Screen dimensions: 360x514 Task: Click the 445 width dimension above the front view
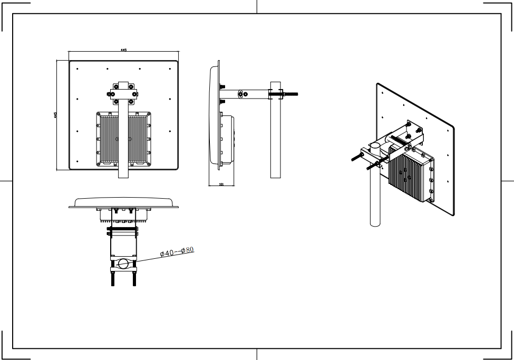click(123, 50)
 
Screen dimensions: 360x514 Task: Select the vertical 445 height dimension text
click(55, 114)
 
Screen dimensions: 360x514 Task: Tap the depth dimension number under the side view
click(221, 184)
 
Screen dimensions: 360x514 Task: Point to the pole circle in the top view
click(123, 264)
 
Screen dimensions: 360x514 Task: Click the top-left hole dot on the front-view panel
click(77, 69)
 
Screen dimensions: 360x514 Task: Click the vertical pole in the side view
click(275, 137)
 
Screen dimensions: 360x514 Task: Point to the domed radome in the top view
click(123, 202)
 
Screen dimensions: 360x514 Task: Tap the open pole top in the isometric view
click(374, 146)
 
